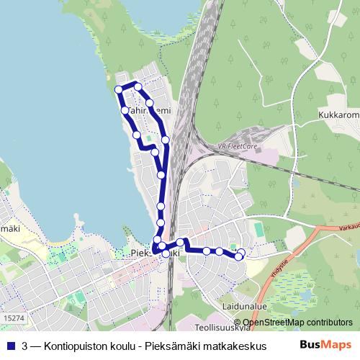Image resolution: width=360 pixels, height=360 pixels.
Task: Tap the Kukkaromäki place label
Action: (338, 114)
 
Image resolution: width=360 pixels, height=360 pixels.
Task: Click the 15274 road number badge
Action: (13, 317)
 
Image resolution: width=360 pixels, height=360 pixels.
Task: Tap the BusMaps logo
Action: (325, 345)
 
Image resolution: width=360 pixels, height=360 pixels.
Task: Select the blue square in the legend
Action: (10, 346)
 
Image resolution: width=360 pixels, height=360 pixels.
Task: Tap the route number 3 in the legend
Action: (26, 346)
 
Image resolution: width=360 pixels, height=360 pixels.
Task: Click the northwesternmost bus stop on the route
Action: (120, 89)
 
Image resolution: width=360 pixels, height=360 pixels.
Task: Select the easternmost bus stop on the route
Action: (240, 252)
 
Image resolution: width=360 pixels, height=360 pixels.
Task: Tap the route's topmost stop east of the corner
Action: (138, 86)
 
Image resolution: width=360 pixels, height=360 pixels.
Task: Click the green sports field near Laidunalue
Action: (258, 229)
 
